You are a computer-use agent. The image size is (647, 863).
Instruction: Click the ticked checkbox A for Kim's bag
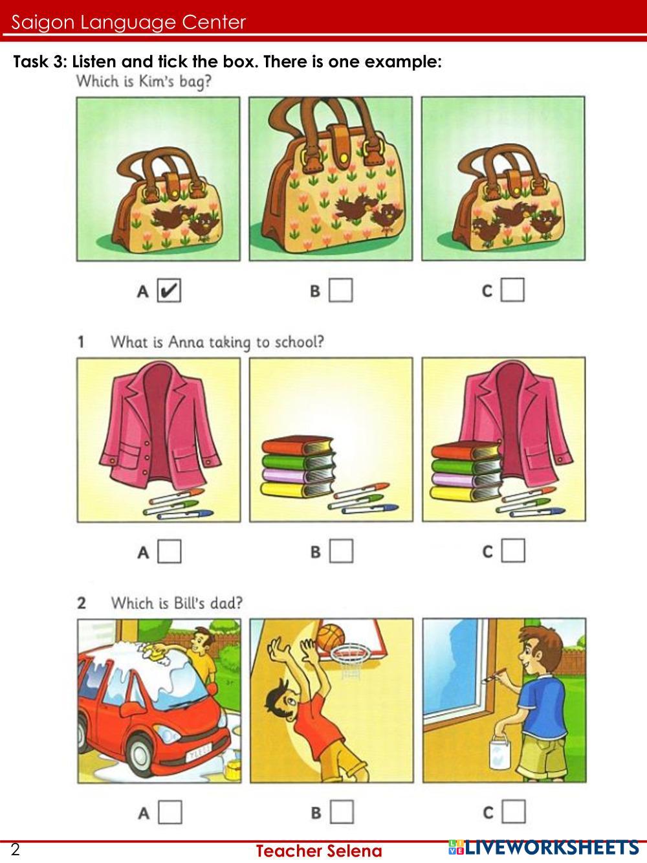(x=169, y=290)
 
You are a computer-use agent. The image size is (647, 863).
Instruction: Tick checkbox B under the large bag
(x=341, y=290)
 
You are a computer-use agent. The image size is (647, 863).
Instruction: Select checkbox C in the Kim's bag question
(x=512, y=290)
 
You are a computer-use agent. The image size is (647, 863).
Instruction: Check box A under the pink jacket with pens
(x=170, y=552)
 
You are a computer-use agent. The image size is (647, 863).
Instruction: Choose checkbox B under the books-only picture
(x=342, y=552)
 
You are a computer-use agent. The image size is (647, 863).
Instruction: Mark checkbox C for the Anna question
(x=513, y=552)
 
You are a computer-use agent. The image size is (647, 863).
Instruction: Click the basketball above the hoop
(x=332, y=636)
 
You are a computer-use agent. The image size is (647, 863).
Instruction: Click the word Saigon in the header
(x=41, y=23)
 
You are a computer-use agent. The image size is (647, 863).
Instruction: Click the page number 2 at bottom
(x=16, y=850)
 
